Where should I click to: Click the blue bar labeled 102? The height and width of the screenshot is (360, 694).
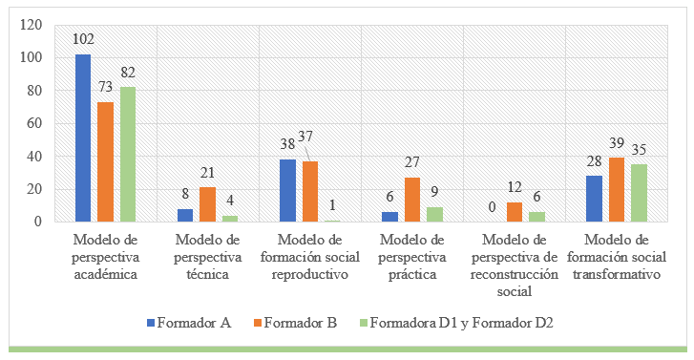83,138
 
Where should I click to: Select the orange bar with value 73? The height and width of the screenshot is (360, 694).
106,162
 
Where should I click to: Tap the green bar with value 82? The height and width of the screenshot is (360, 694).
128,155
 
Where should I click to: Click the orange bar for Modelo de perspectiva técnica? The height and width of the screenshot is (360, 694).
208,204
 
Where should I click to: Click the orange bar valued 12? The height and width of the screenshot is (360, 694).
515,212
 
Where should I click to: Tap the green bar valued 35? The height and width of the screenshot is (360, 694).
640,193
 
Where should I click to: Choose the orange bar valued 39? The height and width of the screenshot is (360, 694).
617,190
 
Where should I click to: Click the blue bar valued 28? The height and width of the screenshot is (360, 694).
594,199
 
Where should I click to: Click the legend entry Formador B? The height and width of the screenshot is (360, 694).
303,324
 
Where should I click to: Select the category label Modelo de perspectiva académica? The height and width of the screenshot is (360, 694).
106,255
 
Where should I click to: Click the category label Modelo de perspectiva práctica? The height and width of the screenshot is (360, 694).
412,255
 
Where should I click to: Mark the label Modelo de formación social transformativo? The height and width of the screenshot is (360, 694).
617,255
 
